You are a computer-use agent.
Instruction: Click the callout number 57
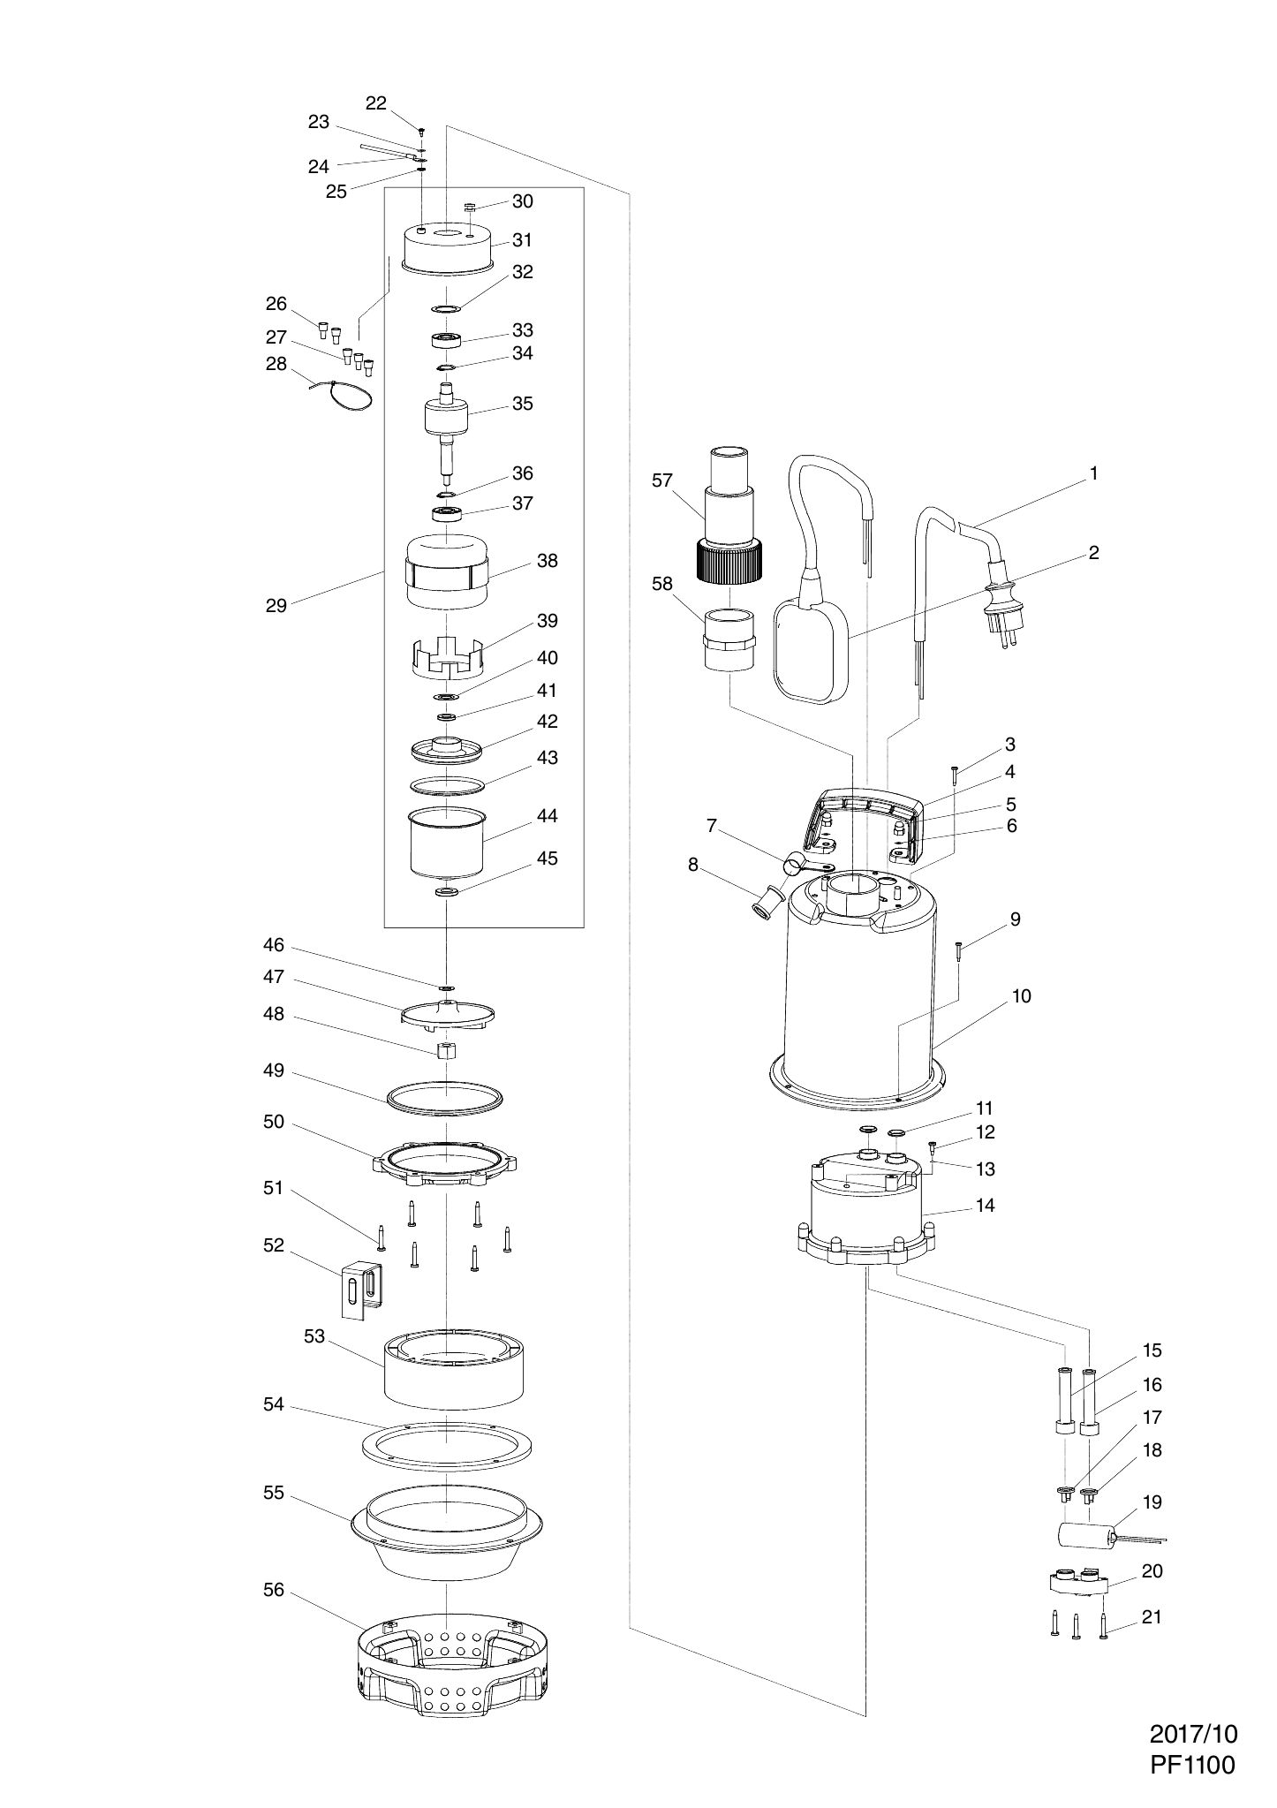click(662, 480)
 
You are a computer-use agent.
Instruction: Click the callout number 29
click(276, 606)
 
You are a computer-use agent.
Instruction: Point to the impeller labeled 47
click(447, 1015)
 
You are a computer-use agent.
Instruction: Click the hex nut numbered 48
click(447, 1051)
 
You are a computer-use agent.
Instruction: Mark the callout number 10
click(1022, 995)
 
